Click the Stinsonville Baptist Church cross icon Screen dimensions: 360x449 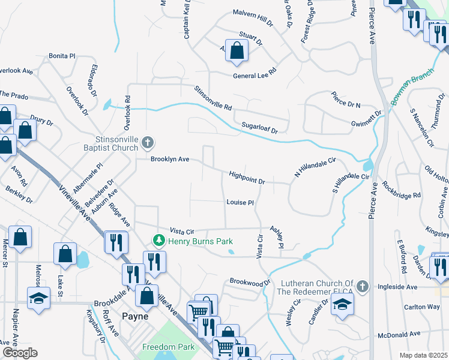148,143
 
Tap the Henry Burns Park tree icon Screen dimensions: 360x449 159,241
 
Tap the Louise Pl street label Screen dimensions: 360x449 240,202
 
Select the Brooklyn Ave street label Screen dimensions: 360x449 170,159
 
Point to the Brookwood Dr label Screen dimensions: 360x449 250,282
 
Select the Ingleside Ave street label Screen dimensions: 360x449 397,287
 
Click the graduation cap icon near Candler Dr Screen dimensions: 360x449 342,304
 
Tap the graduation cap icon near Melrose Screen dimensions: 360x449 38,298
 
